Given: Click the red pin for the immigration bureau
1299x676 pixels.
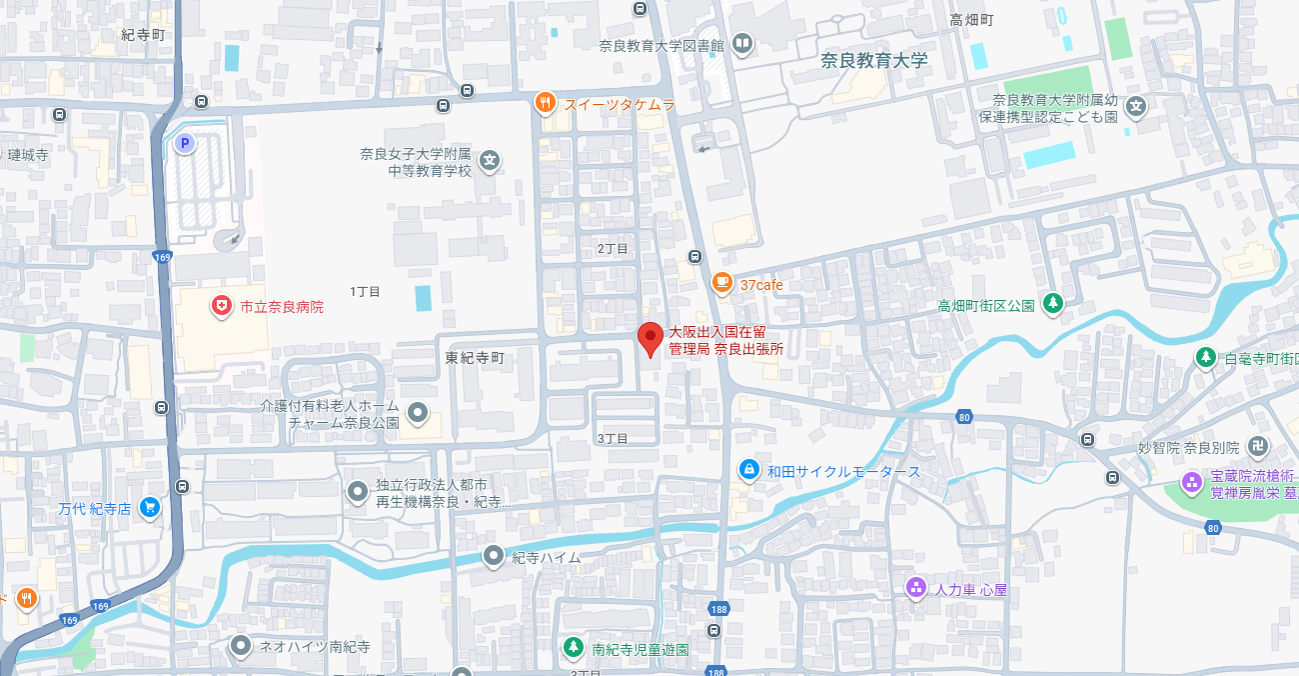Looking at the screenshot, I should [x=650, y=338].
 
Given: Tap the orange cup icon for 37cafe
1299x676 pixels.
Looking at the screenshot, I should [x=721, y=284].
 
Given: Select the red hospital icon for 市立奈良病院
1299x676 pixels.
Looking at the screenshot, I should [x=222, y=306].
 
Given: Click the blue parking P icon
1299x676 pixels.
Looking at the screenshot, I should [x=184, y=144].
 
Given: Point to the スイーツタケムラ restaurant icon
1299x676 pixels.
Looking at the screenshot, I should [x=545, y=103].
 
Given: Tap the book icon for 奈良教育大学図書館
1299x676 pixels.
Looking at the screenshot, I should [x=741, y=44].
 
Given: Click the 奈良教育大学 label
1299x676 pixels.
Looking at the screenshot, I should [x=874, y=60].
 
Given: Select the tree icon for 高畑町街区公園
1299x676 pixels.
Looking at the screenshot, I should [x=1052, y=303].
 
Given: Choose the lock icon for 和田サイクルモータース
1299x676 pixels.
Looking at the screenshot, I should [x=749, y=470].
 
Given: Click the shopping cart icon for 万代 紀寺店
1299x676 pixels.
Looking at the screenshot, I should [x=150, y=508].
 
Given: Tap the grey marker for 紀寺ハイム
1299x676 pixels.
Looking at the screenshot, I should [x=493, y=556].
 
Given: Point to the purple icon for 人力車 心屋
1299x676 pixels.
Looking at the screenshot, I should [x=915, y=588].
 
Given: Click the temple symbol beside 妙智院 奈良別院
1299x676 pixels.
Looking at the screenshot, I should [x=1261, y=447].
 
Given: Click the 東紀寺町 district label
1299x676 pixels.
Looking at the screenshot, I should [x=476, y=357].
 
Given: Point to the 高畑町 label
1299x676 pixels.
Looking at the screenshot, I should [x=972, y=19].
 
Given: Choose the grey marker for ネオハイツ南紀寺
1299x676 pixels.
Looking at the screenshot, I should [x=240, y=646].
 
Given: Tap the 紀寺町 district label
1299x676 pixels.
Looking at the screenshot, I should [x=143, y=34].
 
